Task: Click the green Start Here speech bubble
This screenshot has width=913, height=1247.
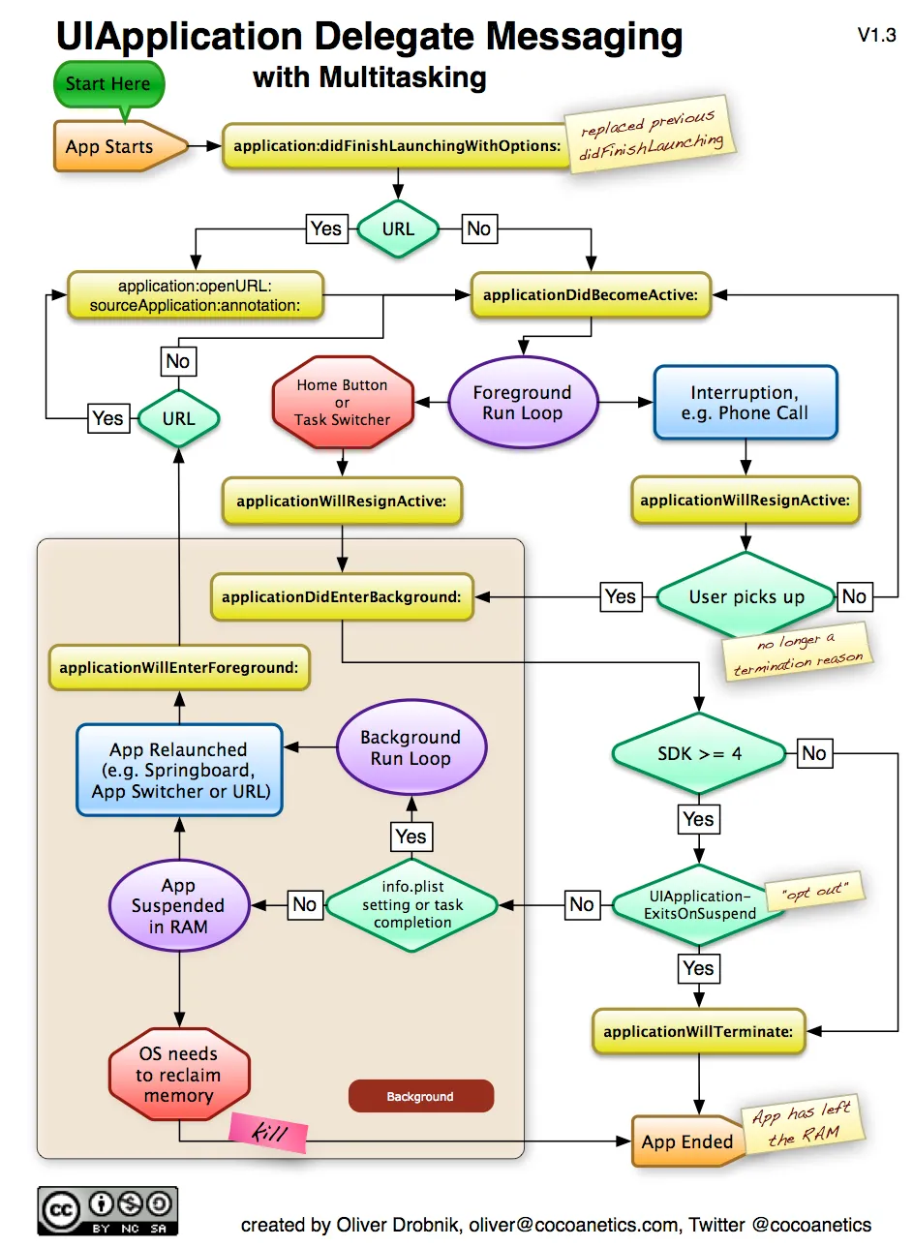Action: [x=108, y=84]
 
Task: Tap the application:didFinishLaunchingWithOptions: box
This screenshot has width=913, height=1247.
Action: [x=397, y=146]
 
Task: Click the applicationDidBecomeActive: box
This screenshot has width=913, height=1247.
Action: [x=591, y=294]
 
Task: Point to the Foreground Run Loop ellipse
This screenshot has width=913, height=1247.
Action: [x=522, y=403]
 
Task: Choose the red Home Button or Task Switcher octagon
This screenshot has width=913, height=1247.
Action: [x=342, y=403]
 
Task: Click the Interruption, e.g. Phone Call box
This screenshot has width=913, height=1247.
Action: [x=745, y=403]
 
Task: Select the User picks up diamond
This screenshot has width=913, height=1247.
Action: [x=746, y=596]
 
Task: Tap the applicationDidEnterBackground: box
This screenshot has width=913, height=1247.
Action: [x=341, y=597]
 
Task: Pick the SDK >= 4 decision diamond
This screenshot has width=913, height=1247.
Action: [x=699, y=753]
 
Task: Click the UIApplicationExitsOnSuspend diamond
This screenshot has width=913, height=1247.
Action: [x=699, y=905]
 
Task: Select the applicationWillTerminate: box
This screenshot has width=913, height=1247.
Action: [x=698, y=1032]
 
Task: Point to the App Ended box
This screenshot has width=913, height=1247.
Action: [x=686, y=1141]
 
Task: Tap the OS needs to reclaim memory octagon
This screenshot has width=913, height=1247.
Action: [x=179, y=1075]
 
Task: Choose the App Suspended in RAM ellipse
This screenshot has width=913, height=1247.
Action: [x=178, y=906]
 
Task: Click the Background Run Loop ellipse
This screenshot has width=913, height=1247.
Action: [x=411, y=747]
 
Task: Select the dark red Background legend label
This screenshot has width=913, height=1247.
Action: [x=420, y=1096]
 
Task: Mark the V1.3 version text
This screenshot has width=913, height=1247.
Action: [x=877, y=36]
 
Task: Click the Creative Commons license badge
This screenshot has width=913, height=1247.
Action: [x=106, y=1210]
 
